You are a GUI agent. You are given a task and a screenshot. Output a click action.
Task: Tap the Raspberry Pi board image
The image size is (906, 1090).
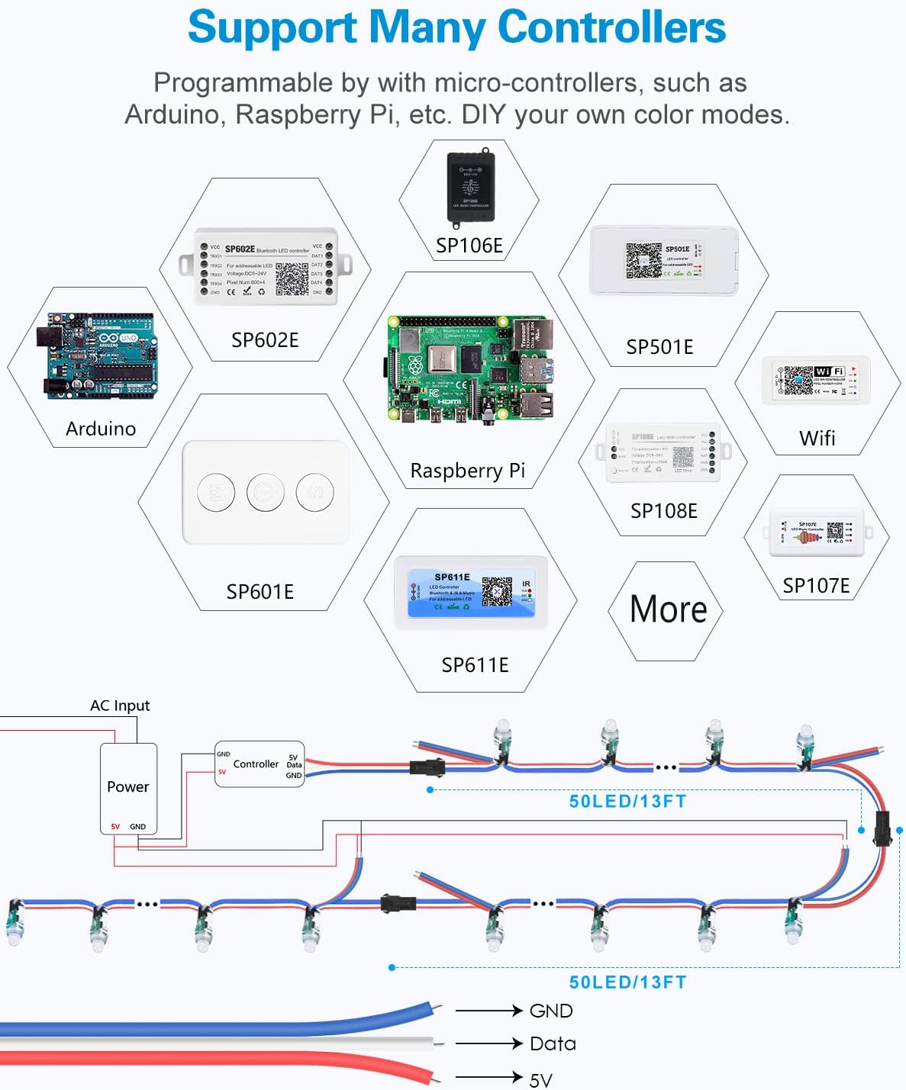click(469, 369)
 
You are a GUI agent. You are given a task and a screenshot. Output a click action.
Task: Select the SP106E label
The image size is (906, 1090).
click(469, 246)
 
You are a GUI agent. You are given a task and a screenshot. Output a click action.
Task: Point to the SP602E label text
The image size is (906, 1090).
click(265, 340)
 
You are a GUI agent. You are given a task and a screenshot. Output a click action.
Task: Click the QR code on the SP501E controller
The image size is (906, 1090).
click(643, 260)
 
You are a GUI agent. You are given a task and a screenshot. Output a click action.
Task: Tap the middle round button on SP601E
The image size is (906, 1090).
click(266, 492)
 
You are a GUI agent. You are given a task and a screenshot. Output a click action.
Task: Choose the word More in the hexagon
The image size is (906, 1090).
click(668, 609)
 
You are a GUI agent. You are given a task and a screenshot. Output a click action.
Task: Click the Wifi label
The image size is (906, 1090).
click(817, 439)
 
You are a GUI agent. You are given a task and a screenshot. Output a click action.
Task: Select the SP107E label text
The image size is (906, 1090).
click(816, 586)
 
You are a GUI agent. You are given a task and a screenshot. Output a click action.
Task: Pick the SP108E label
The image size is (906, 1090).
click(663, 511)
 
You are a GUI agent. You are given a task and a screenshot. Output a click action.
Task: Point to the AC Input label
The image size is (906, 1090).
click(120, 706)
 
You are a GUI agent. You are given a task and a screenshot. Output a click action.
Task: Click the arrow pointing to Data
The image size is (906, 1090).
click(488, 1043)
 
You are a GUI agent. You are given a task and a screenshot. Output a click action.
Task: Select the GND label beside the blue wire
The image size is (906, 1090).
click(551, 1011)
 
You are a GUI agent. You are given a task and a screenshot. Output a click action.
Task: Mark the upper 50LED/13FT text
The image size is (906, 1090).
click(627, 802)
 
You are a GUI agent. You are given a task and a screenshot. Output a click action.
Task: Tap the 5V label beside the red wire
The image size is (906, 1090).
click(540, 1080)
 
